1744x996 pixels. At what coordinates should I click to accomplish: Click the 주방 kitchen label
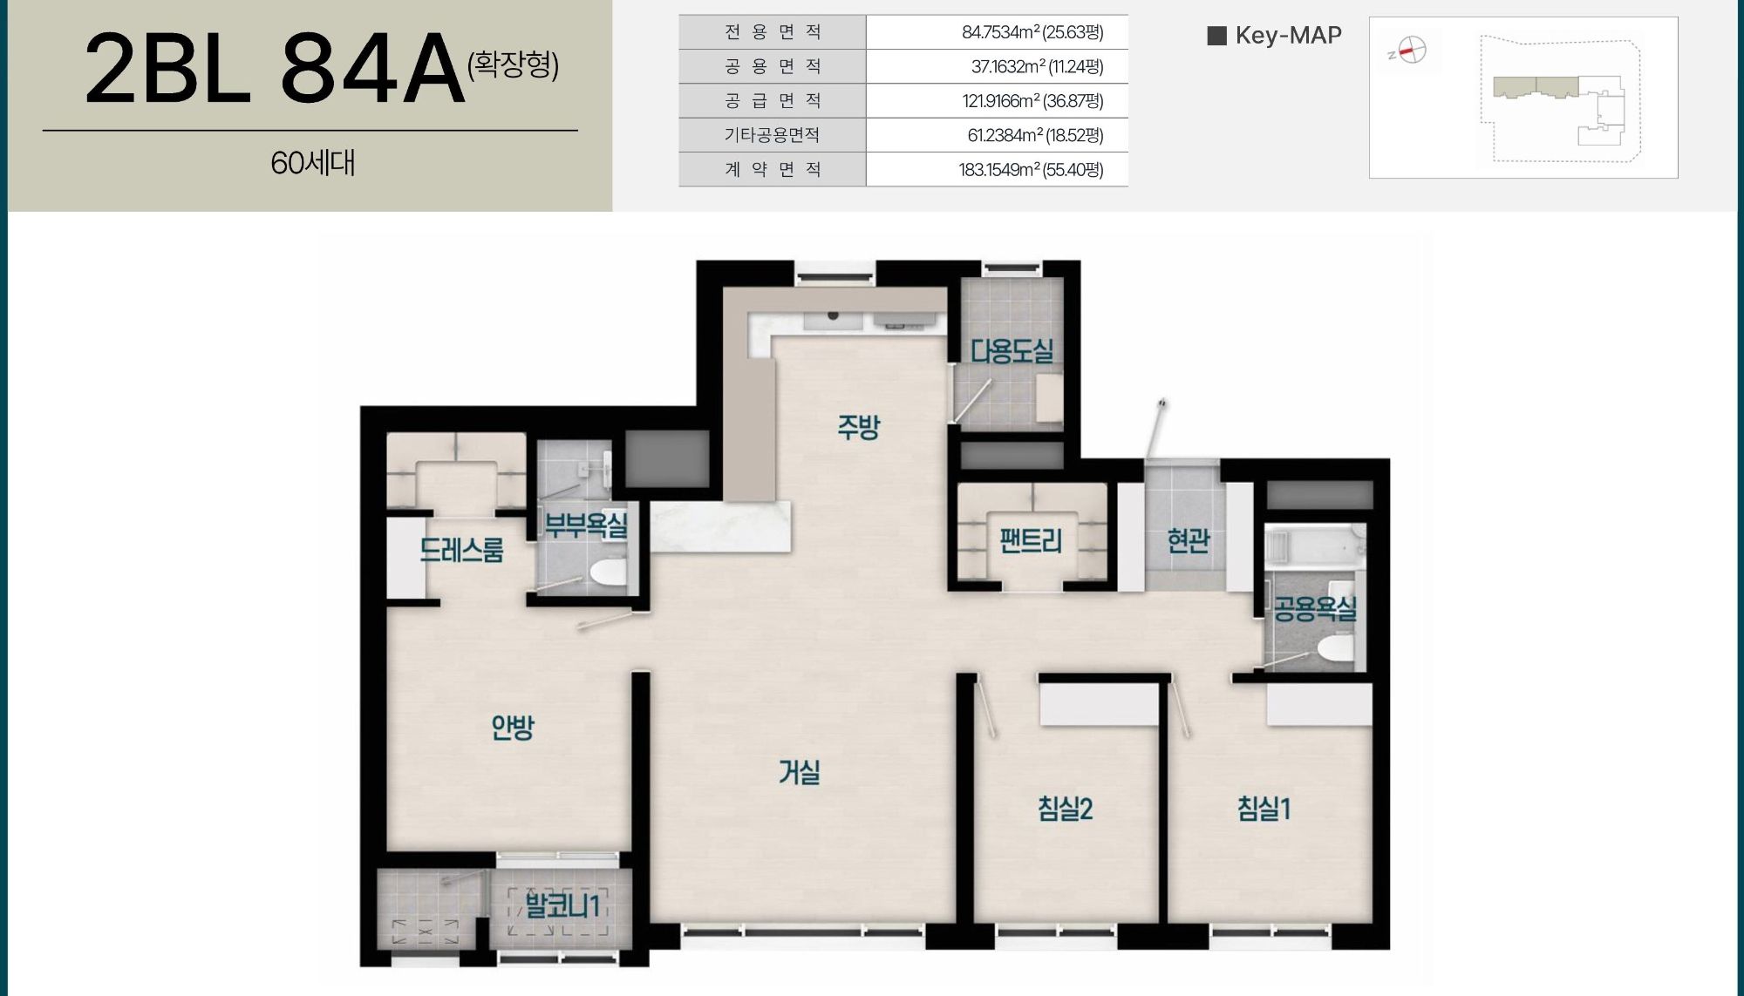pos(859,426)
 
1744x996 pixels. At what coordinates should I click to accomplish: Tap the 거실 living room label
pos(800,771)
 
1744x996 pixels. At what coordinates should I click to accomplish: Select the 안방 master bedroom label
pos(513,727)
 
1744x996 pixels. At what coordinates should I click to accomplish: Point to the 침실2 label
pos(1065,809)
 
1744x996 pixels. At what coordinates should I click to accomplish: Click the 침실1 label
pos(1264,809)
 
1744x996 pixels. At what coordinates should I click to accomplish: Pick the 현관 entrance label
pos(1189,541)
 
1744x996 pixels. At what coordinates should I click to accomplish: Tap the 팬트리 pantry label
pos(1031,541)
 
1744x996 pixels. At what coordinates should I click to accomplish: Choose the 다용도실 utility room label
pos(1012,351)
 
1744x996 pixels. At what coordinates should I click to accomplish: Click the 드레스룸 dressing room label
pos(462,550)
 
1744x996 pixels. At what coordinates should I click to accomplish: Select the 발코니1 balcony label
pos(562,905)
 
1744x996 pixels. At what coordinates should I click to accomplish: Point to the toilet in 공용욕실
pos(1333,648)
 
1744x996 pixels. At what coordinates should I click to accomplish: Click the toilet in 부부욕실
pos(608,573)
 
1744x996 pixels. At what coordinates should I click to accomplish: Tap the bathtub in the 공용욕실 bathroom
pos(1315,545)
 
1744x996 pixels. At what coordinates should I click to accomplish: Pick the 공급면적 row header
pos(773,100)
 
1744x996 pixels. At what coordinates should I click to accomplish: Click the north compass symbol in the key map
pos(1408,51)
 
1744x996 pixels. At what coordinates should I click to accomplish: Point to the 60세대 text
pos(312,163)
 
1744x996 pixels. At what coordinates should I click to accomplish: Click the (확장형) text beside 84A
pos(513,64)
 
